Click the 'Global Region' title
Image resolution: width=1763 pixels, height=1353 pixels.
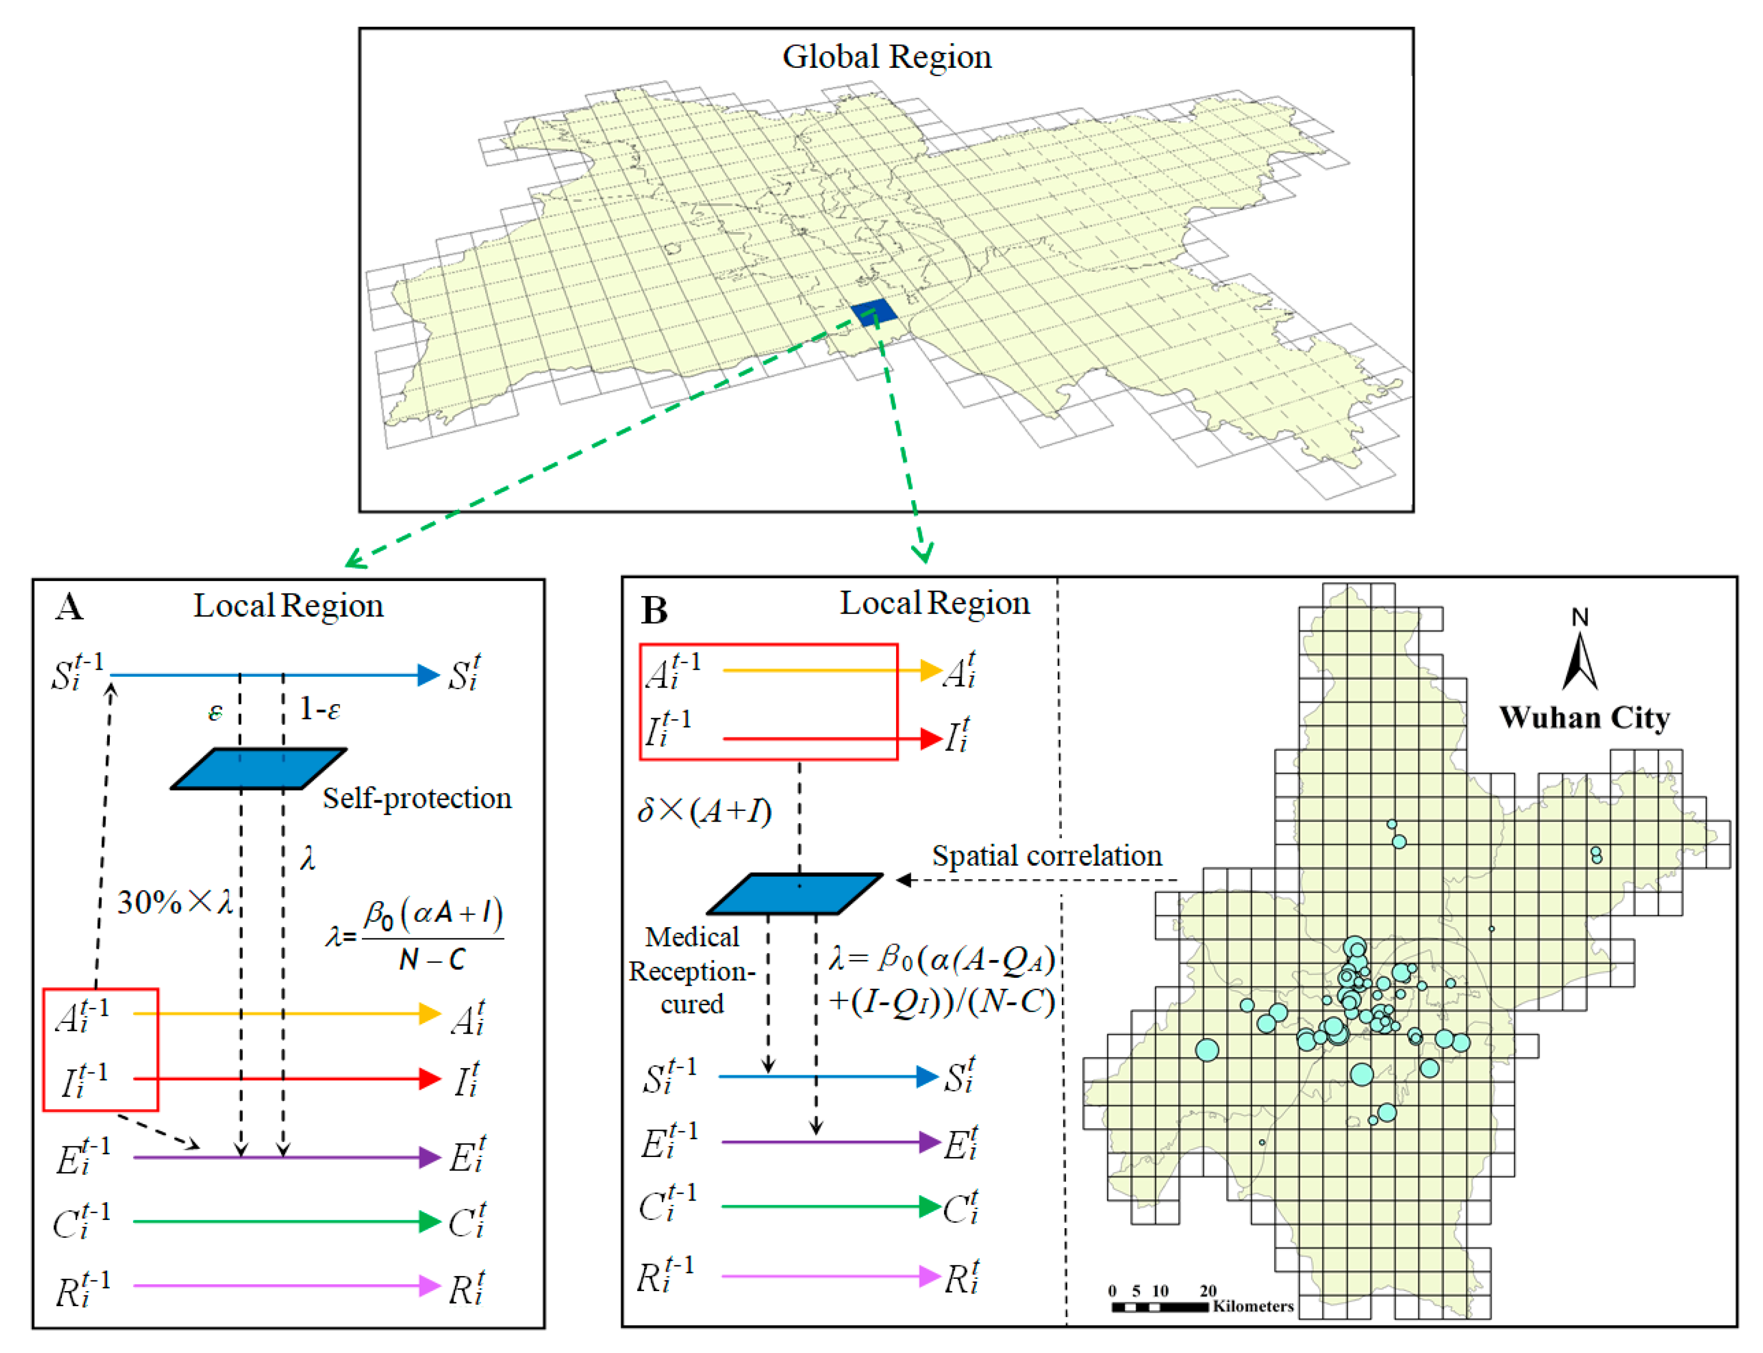pyautogui.click(x=887, y=57)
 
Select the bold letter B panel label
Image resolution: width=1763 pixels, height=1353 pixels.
pyautogui.click(x=654, y=611)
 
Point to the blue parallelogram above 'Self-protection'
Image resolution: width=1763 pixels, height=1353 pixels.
pyautogui.click(x=258, y=769)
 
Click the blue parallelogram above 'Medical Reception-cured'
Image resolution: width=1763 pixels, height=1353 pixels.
pyautogui.click(x=795, y=894)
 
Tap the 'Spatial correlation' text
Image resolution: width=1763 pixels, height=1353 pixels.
pyautogui.click(x=1046, y=856)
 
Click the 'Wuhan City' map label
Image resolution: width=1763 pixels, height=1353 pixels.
pyautogui.click(x=1583, y=718)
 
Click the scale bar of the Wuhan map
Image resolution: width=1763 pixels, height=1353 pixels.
pyautogui.click(x=1160, y=1307)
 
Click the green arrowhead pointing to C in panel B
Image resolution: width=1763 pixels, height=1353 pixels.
pyautogui.click(x=930, y=1207)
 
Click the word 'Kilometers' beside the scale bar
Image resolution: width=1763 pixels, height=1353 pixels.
pyautogui.click(x=1253, y=1306)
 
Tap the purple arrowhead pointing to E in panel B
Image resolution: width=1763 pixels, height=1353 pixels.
pyautogui.click(x=930, y=1142)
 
